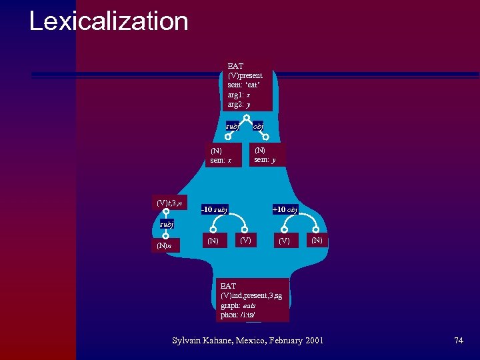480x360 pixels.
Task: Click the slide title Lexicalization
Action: [109, 21]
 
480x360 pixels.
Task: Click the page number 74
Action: [458, 341]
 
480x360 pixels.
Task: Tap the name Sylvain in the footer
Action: [189, 341]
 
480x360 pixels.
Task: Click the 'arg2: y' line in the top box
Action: [239, 105]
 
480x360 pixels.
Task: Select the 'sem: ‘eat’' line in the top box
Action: [244, 85]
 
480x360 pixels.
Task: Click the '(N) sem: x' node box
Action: [221, 155]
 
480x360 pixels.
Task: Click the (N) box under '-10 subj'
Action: [213, 240]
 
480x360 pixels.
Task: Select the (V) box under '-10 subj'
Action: [246, 239]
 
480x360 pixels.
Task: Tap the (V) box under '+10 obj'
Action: [285, 240]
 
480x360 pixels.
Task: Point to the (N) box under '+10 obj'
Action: [316, 239]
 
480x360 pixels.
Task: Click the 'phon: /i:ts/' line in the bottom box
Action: [238, 314]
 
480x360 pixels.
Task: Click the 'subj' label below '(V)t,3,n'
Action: [166, 225]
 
